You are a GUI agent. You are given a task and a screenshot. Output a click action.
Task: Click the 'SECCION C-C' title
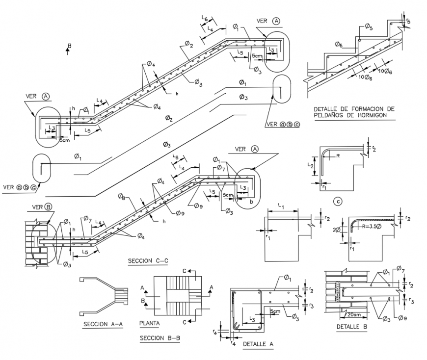(147, 260)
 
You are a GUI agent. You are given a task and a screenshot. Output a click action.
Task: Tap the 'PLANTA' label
(149, 324)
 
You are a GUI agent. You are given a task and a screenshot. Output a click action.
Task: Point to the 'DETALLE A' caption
(258, 344)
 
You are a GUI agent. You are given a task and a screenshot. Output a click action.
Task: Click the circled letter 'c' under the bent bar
(336, 200)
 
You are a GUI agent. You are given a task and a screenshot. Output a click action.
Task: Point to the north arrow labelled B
(68, 48)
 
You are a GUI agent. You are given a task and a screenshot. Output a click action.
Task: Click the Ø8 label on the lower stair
(122, 197)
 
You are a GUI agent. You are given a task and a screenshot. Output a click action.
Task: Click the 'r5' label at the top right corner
(409, 21)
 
